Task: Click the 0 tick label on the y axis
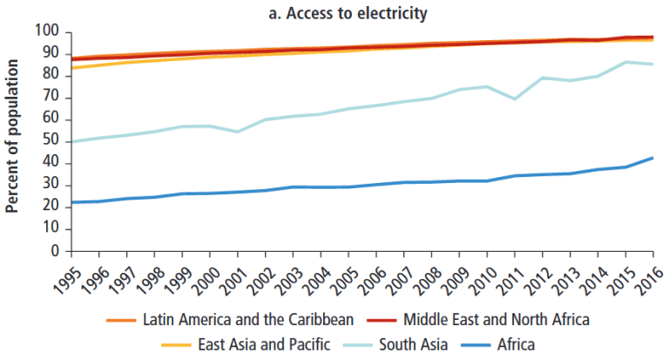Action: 54,251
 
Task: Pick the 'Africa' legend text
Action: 516,344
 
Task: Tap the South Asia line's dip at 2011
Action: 515,98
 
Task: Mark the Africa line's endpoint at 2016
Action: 653,158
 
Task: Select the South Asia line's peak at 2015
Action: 625,62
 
